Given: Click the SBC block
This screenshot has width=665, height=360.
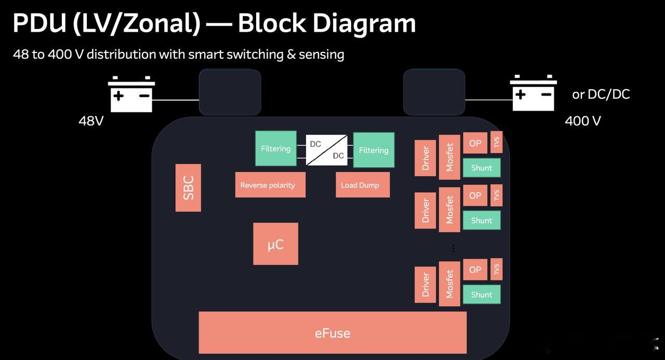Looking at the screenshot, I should (188, 188).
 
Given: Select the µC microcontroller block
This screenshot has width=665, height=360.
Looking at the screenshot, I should (275, 244).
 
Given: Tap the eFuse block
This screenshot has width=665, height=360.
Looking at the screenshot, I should (332, 332).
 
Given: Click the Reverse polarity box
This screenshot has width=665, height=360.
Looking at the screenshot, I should (270, 185).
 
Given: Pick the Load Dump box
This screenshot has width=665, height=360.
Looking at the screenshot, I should (363, 185).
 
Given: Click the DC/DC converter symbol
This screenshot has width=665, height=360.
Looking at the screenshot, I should (327, 150).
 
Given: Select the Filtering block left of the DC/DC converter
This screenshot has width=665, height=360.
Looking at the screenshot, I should (276, 149).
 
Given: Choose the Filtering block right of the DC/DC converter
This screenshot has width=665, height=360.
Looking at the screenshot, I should (374, 150).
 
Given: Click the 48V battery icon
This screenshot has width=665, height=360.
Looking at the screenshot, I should (131, 95).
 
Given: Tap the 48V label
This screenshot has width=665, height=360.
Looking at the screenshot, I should (91, 121).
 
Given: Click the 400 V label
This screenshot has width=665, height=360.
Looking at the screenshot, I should (583, 121).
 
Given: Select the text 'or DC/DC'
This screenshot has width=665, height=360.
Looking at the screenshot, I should (601, 94).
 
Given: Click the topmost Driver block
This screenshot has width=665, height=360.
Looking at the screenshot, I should (425, 158).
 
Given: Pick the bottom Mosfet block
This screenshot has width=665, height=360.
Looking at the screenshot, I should (449, 284).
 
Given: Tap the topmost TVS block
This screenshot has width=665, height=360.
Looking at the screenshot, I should (496, 142).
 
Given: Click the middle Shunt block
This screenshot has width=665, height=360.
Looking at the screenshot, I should (482, 220).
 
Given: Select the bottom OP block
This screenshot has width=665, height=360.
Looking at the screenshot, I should (475, 270).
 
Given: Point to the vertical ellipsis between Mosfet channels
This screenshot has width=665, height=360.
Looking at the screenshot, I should (453, 248).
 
